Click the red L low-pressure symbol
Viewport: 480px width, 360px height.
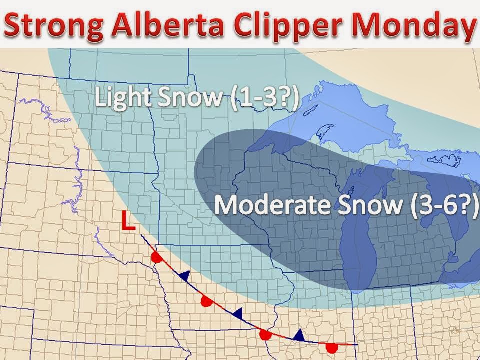128,221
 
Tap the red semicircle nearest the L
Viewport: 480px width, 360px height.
157,258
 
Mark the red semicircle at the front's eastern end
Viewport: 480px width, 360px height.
331,347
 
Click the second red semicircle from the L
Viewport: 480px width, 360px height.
205,301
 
